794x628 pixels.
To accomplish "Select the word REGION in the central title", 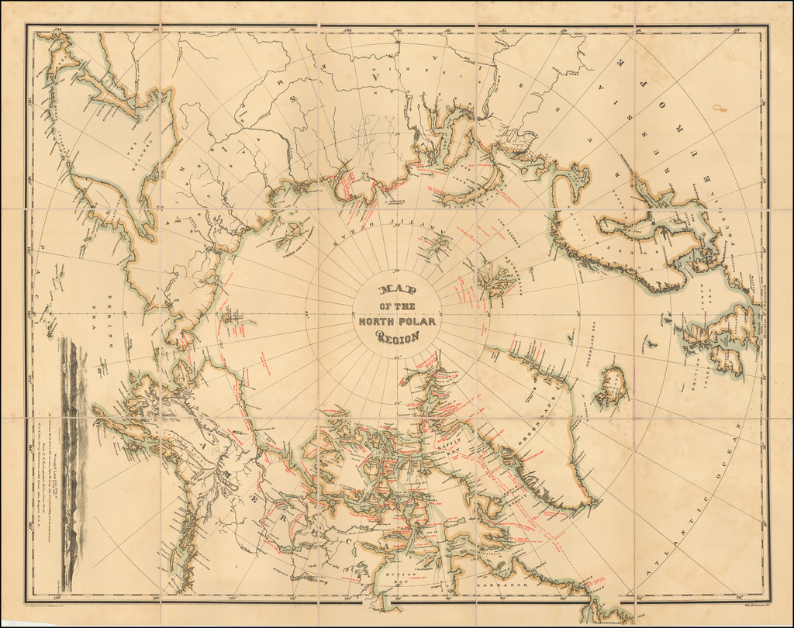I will point(398,336).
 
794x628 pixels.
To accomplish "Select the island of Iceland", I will point(612,385).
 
